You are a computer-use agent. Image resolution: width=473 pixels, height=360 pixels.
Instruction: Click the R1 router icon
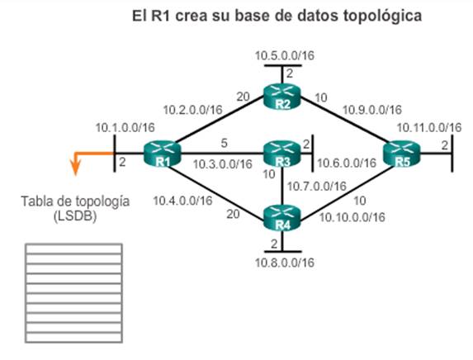[162, 154]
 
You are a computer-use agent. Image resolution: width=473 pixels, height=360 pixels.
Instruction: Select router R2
[282, 96]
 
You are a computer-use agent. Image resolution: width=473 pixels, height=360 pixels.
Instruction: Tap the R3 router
[282, 154]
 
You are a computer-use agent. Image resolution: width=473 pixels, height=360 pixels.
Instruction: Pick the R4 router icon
[282, 218]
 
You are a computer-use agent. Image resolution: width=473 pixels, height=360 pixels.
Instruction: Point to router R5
[401, 154]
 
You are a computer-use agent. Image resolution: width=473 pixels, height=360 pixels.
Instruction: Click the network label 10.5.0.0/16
[285, 55]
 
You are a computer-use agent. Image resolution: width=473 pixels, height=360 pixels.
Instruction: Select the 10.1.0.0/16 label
[125, 127]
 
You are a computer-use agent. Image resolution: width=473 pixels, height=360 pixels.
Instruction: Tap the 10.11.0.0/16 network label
[429, 127]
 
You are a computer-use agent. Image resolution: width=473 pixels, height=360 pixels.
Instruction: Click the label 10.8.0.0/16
[285, 263]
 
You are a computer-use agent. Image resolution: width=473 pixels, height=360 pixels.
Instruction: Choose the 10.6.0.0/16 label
[347, 163]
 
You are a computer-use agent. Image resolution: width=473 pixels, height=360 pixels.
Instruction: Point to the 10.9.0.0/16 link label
[372, 110]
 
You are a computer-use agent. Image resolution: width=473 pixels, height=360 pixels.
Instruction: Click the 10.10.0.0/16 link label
[352, 217]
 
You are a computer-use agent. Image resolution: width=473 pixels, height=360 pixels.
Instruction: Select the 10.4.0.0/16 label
[182, 201]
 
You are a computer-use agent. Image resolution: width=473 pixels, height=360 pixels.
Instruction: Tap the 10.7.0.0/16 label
[317, 186]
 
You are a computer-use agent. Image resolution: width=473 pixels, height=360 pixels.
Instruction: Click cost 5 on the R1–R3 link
[224, 144]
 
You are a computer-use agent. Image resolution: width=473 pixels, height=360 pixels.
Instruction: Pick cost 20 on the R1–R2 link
[243, 97]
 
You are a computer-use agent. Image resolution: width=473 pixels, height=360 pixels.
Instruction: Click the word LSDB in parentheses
[75, 216]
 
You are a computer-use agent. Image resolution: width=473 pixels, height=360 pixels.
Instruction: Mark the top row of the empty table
[73, 249]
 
